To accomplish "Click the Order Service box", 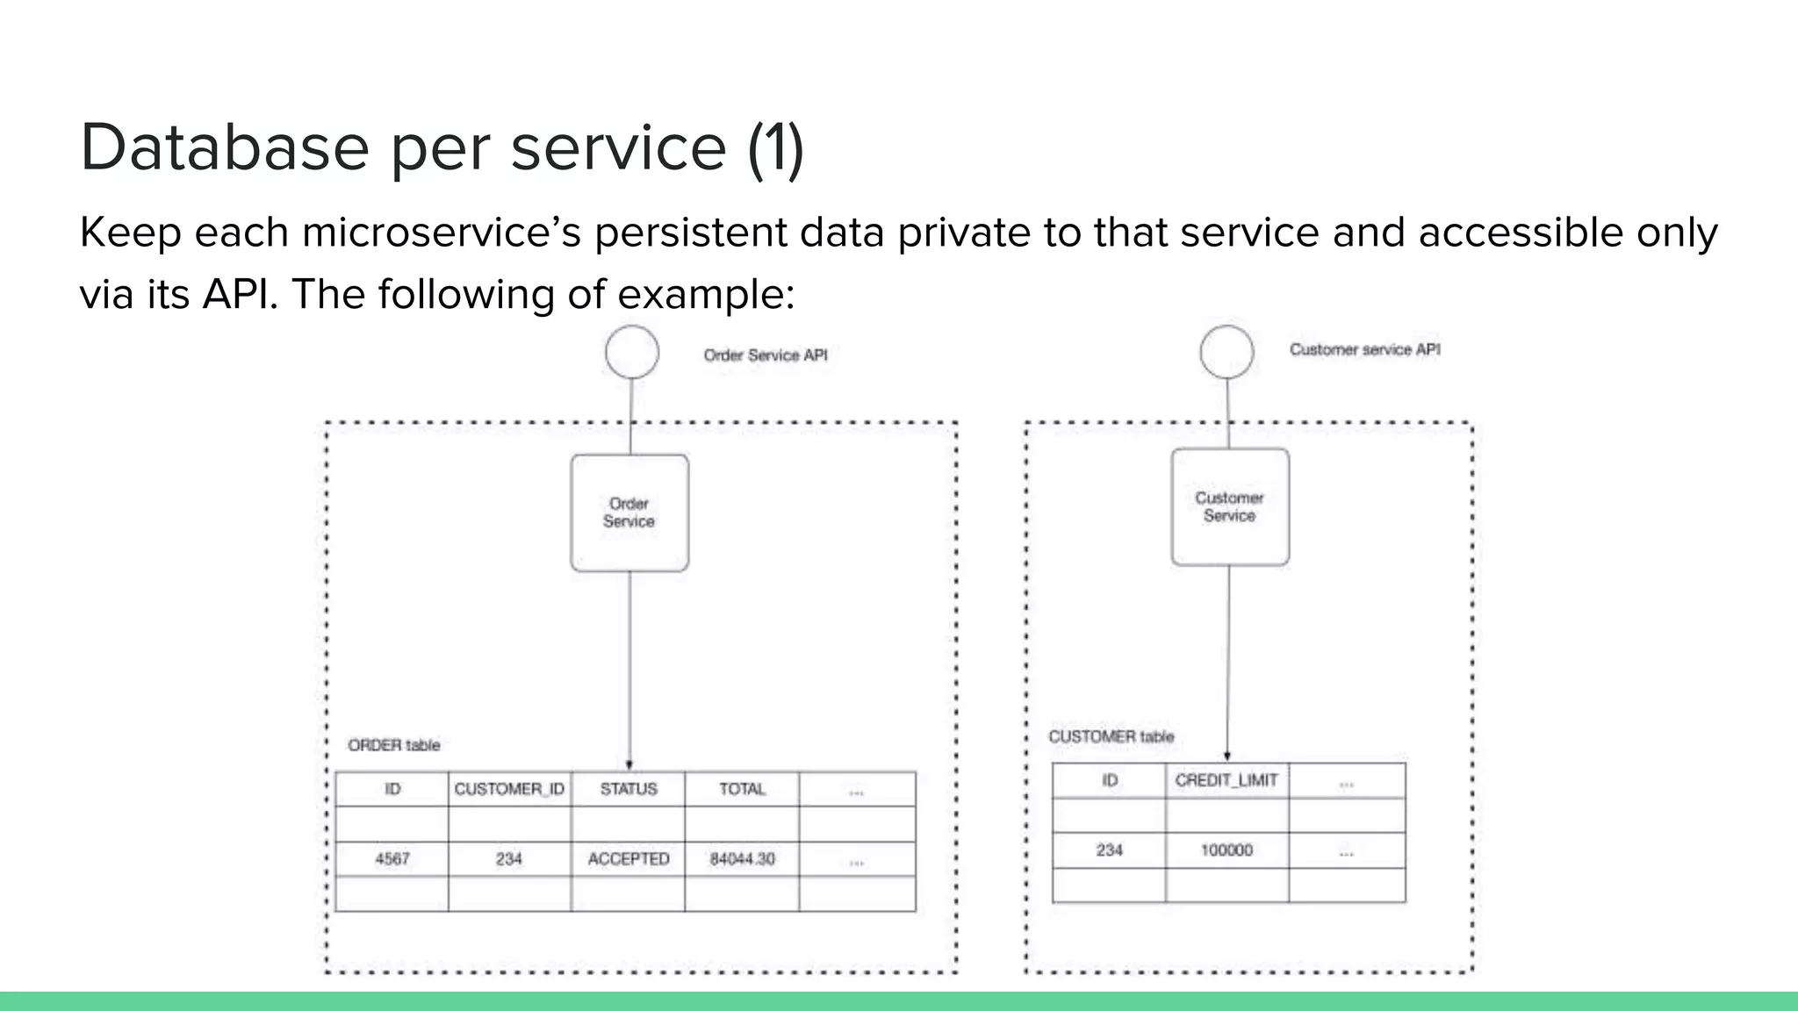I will coord(629,513).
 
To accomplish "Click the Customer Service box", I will coord(1229,507).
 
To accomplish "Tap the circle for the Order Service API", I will coord(632,352).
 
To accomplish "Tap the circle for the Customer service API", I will coord(1226,352).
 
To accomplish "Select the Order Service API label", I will coord(765,355).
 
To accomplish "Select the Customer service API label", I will coord(1364,349).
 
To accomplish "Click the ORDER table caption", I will coord(393,745).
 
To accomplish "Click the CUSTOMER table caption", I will coord(1111,736).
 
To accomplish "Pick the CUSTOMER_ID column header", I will coord(509,789).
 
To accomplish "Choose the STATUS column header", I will coord(629,789).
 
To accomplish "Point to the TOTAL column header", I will coord(742,789).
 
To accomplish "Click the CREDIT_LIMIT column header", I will coord(1226,780).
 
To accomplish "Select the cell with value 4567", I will coord(392,858).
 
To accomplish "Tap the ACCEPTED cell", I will coord(629,858).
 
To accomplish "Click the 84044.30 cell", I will coord(742,858).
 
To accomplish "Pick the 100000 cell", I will coord(1226,850).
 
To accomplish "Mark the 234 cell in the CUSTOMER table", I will coord(1109,850).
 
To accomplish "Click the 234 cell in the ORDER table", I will coord(509,858).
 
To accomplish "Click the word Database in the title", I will coord(225,147).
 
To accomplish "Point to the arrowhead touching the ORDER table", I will coord(629,765).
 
